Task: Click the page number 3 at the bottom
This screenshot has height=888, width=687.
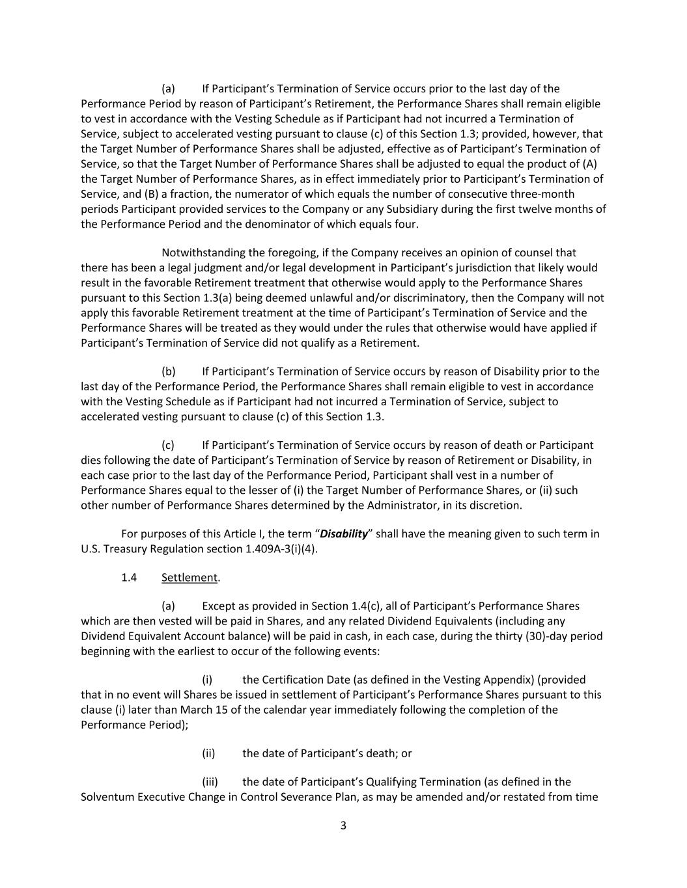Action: (x=343, y=826)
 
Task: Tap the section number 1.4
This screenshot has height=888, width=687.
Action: (x=129, y=577)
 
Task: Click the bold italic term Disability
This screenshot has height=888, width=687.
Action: (x=344, y=533)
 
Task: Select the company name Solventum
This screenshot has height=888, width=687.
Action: (x=106, y=796)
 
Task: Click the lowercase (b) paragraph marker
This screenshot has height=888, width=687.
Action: (x=169, y=371)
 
